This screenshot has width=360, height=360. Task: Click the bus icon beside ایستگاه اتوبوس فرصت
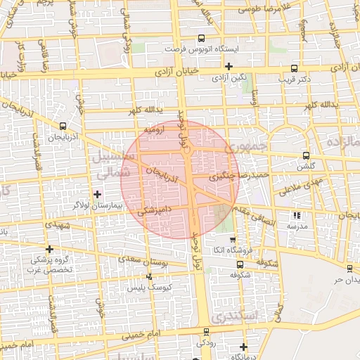coord(202,39)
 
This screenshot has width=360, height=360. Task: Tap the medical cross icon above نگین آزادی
coord(229,66)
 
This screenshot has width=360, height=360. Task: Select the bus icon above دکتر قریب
coord(294,69)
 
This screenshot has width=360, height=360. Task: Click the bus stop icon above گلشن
coord(305,155)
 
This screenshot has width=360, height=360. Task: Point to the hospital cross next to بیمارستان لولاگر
coord(97,193)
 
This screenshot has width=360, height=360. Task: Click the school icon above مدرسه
coord(296,216)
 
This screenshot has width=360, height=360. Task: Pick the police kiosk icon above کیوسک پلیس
coord(148,276)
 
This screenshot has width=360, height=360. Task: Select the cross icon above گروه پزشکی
coord(49,249)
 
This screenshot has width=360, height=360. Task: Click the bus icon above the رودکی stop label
coord(206,331)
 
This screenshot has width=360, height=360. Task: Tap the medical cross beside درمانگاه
coord(243,346)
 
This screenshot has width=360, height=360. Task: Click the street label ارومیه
coord(155,131)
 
